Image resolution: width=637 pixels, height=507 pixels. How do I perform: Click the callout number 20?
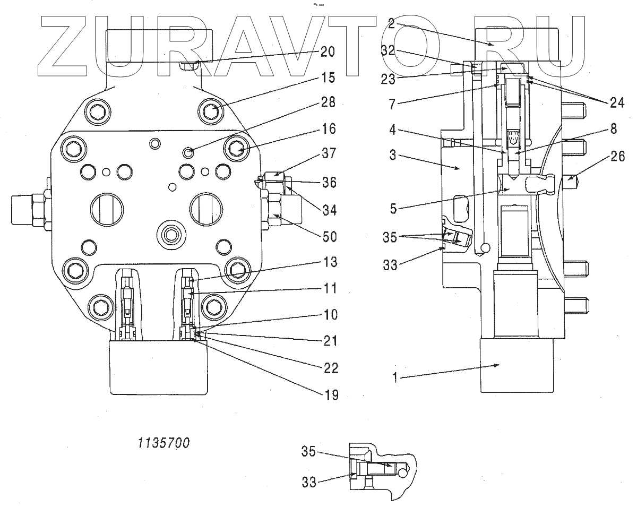327,51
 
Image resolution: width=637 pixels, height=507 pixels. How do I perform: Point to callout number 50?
330,237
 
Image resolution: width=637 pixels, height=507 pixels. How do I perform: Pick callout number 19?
329,394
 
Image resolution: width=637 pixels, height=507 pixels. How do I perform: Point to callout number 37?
329,154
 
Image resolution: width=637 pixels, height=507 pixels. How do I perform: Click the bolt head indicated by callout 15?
211,111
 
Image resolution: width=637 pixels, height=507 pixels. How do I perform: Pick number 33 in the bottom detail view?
309,483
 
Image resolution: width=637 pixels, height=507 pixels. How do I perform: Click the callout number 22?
329,367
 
